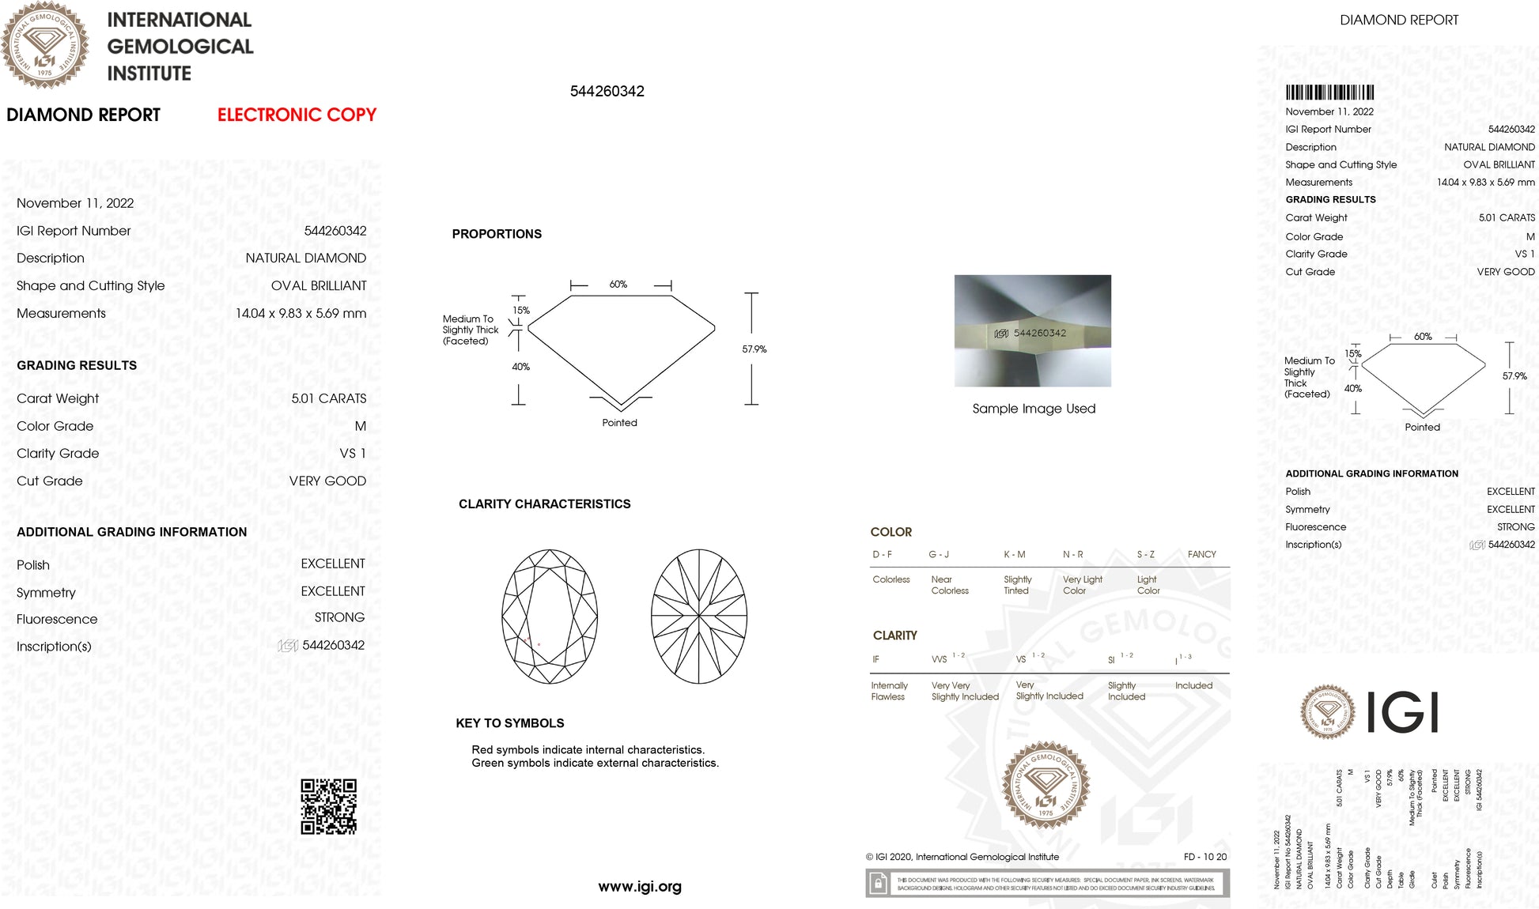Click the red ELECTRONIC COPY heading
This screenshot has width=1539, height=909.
click(x=297, y=115)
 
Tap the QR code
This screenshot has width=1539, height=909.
click(x=328, y=806)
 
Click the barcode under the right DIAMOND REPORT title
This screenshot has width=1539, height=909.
click(x=1329, y=92)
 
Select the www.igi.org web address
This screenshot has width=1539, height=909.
click(x=640, y=887)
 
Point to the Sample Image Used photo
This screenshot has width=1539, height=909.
click(x=1032, y=330)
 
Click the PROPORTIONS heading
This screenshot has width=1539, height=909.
click(x=497, y=234)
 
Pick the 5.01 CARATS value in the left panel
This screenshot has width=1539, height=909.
click(x=328, y=398)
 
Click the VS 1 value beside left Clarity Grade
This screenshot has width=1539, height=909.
click(x=353, y=454)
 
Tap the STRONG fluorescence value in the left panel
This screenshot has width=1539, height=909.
click(x=339, y=617)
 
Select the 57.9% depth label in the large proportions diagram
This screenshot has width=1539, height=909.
click(x=754, y=349)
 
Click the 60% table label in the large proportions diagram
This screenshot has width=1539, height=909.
click(x=618, y=285)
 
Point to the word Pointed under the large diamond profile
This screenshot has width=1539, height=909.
click(x=619, y=423)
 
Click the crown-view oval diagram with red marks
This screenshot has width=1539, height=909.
click(x=550, y=617)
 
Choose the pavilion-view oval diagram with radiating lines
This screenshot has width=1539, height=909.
click(x=699, y=617)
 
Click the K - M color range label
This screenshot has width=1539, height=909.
click(x=1015, y=555)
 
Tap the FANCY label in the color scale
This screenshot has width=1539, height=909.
click(x=1201, y=555)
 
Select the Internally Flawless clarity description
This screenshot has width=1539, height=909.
click(x=889, y=691)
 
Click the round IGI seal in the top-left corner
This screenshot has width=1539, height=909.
click(x=45, y=45)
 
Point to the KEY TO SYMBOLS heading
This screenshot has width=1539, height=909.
click(x=510, y=723)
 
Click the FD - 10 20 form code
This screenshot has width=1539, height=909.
click(x=1205, y=857)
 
